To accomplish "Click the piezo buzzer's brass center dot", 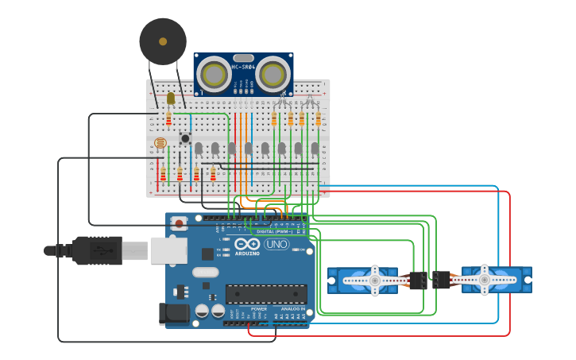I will tap(163, 41).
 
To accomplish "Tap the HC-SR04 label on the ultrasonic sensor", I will tap(243, 67).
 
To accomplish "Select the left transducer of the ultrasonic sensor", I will tap(214, 75).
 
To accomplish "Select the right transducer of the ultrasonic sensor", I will tap(273, 75).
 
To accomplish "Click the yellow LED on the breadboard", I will tap(170, 99).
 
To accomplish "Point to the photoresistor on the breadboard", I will tap(160, 144).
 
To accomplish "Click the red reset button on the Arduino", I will tap(180, 223).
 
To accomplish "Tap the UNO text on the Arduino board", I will tap(276, 244).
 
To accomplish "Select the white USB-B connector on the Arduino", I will tap(168, 250).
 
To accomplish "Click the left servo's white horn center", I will tap(375, 281).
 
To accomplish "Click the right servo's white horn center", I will tap(484, 280).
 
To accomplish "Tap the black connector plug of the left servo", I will tap(418, 281).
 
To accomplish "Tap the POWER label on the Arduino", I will tap(259, 308).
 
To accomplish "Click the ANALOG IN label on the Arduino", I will tap(292, 308).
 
